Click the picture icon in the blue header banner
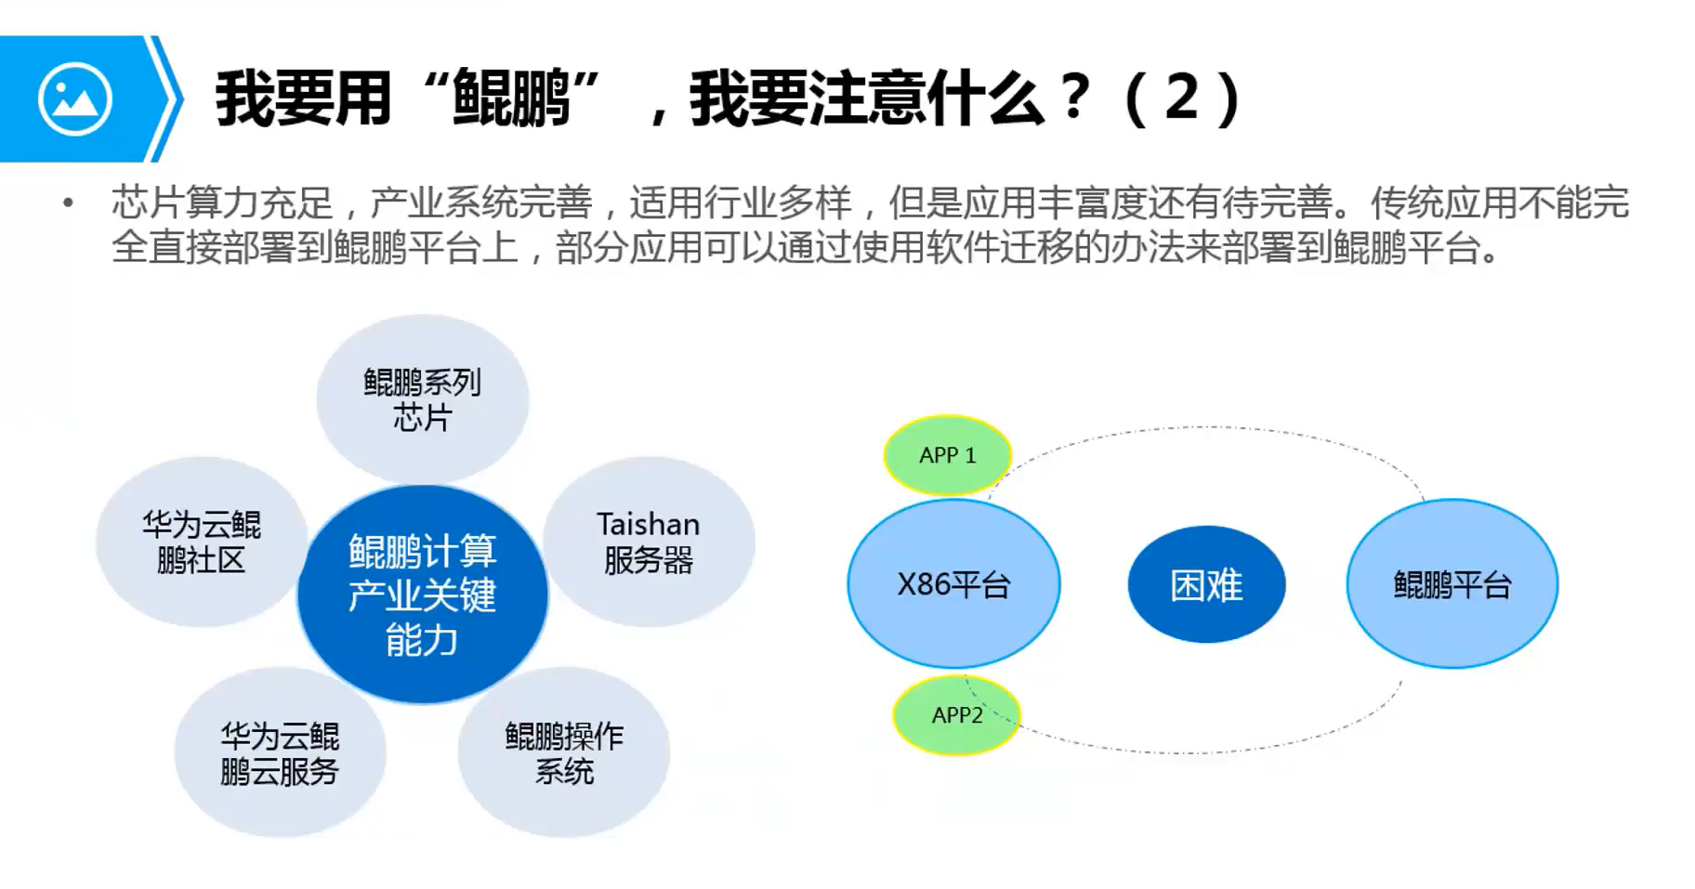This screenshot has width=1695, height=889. pos(75,98)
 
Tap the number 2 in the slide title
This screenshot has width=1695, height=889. pos(1182,97)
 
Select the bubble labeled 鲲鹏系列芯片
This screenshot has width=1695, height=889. pos(423,399)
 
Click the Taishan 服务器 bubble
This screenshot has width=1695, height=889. pos(650,542)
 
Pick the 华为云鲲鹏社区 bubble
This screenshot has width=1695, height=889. pos(201,542)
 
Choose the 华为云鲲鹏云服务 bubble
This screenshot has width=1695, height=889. pos(280,753)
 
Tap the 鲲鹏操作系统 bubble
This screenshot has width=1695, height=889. pos(564,753)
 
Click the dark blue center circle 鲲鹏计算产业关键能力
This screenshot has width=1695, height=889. pos(423,595)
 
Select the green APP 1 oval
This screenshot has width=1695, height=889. pos(947,455)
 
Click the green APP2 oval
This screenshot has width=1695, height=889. pos(956,715)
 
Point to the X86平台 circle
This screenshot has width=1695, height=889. pos(953,584)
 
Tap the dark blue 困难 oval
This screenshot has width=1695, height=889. pos(1206,585)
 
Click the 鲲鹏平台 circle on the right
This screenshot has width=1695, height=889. pos(1452,584)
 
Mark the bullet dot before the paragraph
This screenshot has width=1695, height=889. pos(68,203)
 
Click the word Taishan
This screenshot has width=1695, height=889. pos(648,525)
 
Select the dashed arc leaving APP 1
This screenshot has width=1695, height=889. pos(1208,428)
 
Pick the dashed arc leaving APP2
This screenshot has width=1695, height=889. pos(1208,751)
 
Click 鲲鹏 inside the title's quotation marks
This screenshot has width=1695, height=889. pos(510,98)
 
